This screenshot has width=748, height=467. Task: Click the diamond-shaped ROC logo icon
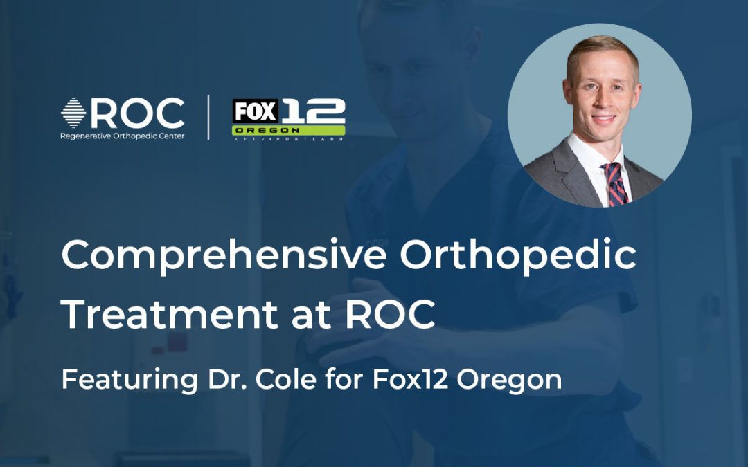pyautogui.click(x=73, y=113)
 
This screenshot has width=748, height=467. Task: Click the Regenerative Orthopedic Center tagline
pyautogui.click(x=123, y=136)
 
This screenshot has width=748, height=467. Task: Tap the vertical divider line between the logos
pyautogui.click(x=208, y=118)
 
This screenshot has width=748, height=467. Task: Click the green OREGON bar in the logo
pyautogui.click(x=288, y=130)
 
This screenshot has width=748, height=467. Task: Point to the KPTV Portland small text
pyautogui.click(x=288, y=138)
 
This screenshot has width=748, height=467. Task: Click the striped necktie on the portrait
pyautogui.click(x=614, y=183)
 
